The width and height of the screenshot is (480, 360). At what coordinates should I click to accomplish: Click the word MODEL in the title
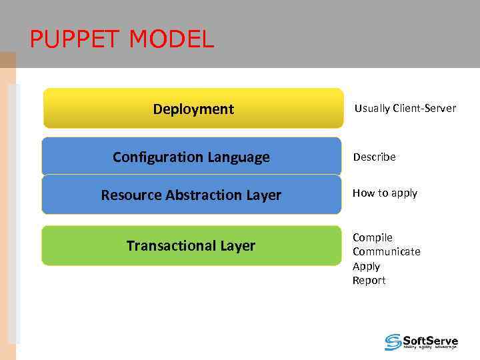click(171, 40)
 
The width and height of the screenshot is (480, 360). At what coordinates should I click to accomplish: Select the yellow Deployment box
click(193, 109)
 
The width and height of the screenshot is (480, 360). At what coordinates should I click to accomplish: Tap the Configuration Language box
click(191, 157)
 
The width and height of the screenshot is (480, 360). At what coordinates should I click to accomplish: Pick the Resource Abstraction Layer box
click(191, 195)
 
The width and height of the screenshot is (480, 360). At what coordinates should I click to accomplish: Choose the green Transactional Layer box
click(191, 246)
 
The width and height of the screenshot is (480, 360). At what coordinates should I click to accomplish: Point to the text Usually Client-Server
click(405, 108)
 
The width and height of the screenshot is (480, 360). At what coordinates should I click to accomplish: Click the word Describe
click(374, 157)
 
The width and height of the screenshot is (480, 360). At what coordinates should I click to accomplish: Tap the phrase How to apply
click(385, 193)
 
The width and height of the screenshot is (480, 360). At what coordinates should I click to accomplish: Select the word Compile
click(373, 237)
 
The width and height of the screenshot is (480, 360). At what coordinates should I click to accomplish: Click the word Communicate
click(387, 251)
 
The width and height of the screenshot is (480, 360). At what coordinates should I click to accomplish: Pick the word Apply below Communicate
click(366, 266)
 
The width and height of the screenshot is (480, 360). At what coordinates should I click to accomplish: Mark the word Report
click(369, 281)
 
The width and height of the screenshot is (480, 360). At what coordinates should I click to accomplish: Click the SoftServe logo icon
click(393, 342)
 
